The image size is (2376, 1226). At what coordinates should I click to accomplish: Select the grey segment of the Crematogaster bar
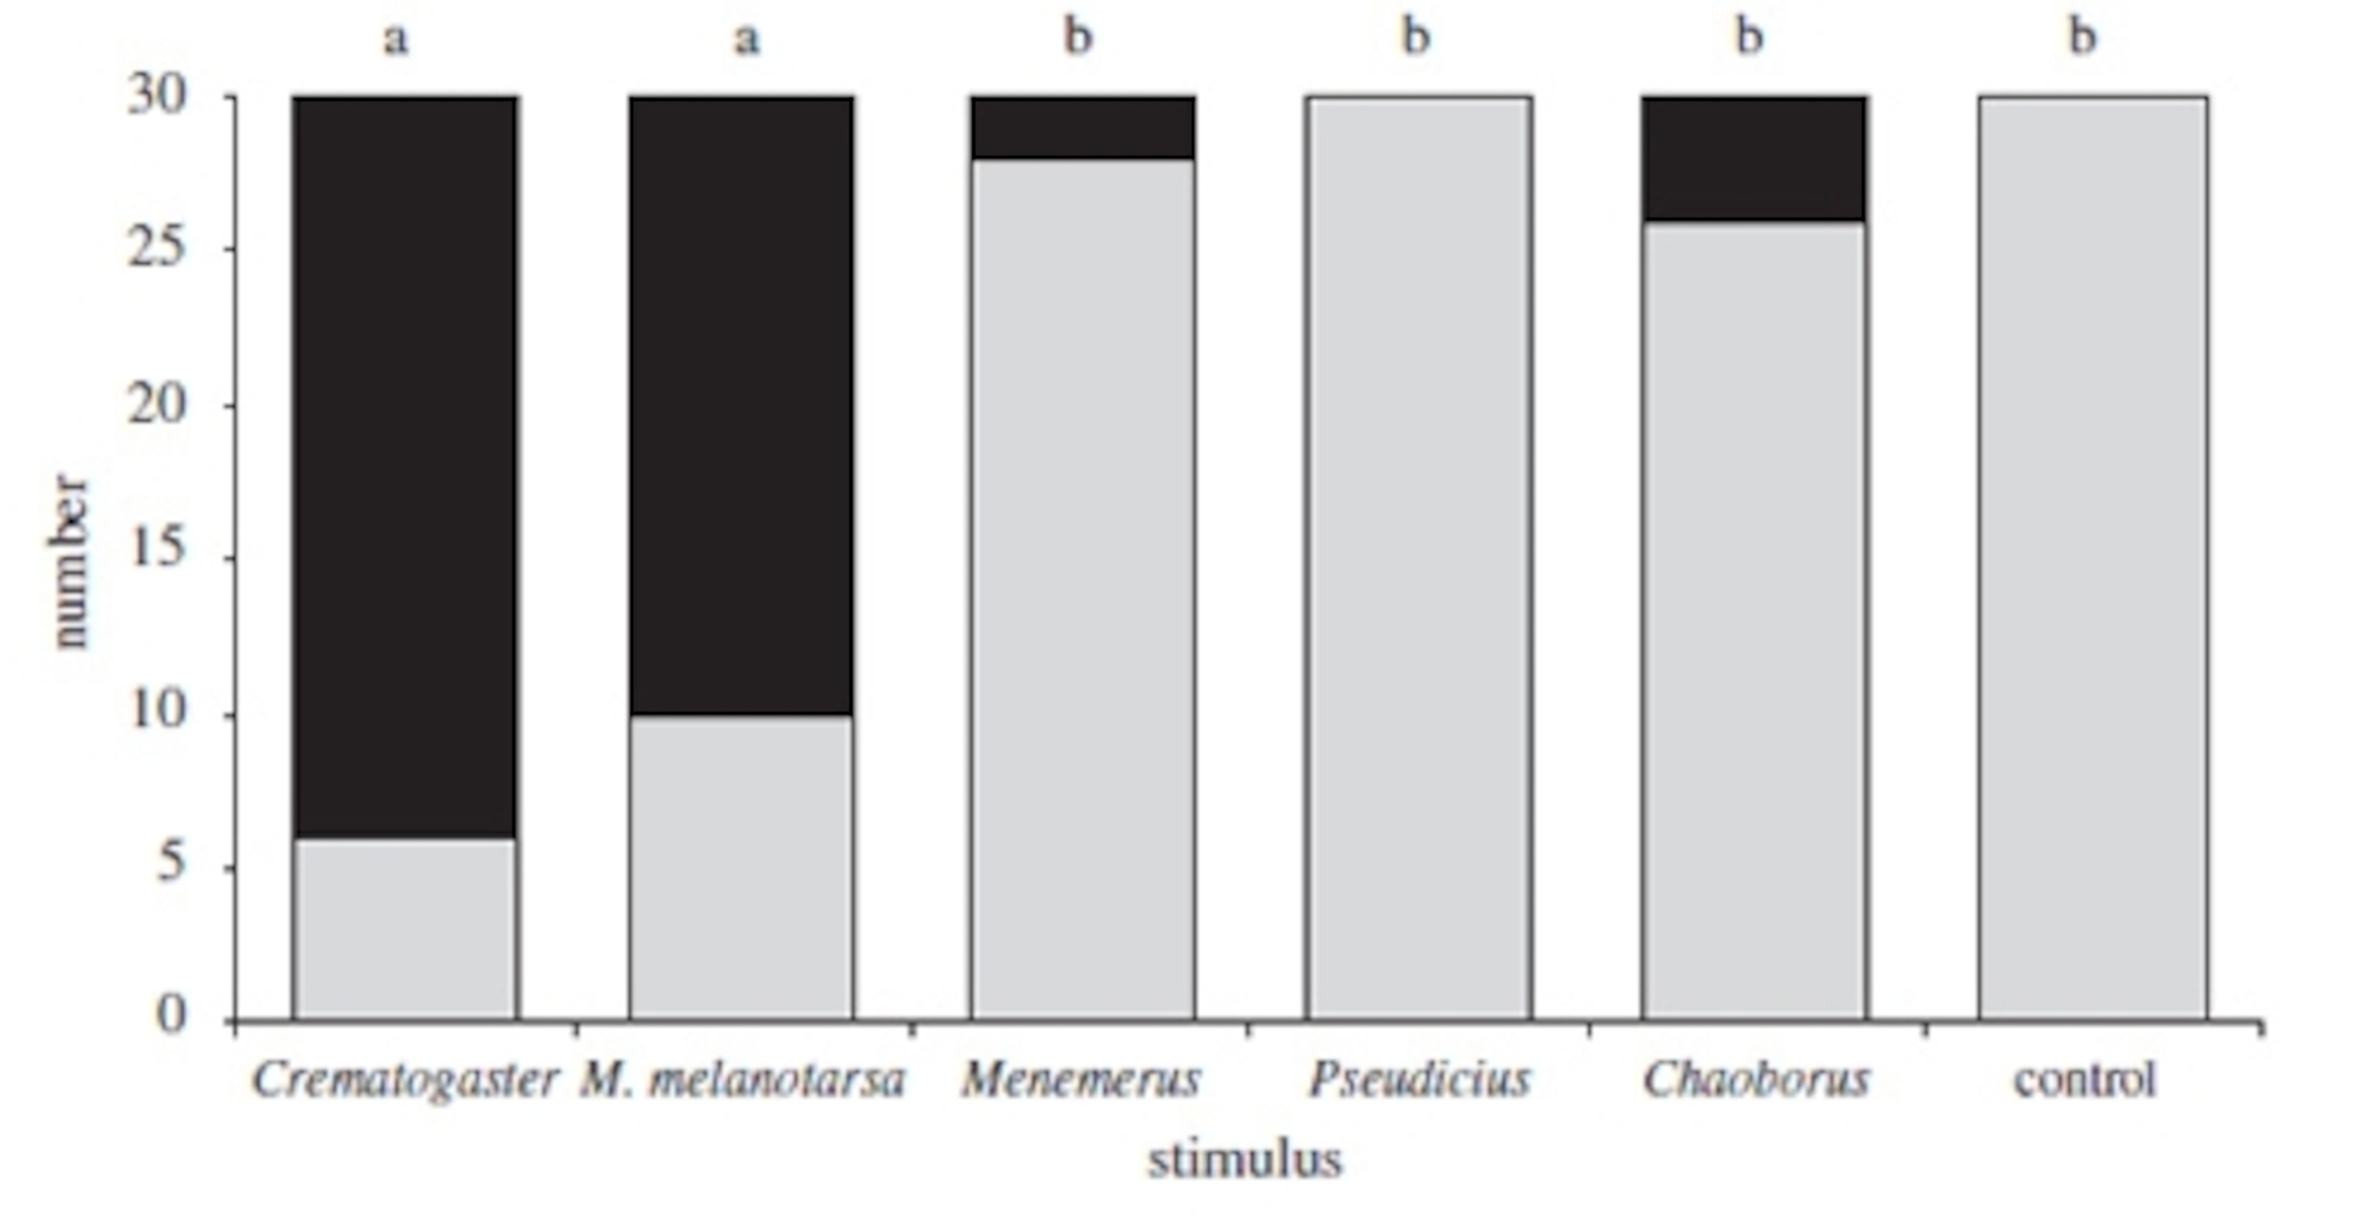pos(405,927)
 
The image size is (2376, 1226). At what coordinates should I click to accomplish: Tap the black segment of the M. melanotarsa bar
pos(742,406)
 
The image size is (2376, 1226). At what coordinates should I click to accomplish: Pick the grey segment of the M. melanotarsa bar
pos(742,867)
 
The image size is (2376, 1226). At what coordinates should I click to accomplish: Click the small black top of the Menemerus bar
pos(1082,128)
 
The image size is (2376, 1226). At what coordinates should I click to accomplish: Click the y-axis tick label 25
pos(158,248)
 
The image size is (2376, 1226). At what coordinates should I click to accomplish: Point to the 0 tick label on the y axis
pos(172,1015)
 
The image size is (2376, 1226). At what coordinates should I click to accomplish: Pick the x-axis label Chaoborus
pos(1755,1079)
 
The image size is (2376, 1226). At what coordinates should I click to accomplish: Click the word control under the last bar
pos(2084,1079)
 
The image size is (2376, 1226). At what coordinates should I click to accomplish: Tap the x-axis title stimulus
pos(1244,1160)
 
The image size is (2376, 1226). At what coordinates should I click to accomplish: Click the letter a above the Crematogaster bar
pos(396,39)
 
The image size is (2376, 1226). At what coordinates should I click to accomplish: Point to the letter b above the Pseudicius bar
pos(1416,37)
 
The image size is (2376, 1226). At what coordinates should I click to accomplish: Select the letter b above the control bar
pos(2083,37)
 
